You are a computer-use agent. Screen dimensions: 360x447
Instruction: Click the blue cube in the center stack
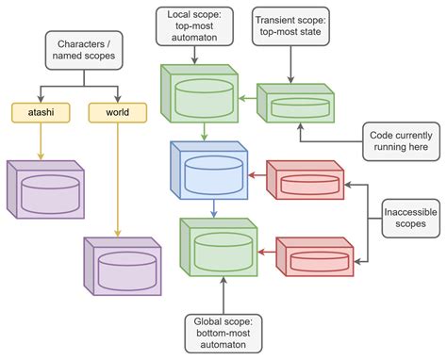tap(207, 172)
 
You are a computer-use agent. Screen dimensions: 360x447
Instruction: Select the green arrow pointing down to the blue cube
tap(206, 132)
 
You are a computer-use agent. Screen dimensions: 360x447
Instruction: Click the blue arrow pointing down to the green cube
tap(215, 208)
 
